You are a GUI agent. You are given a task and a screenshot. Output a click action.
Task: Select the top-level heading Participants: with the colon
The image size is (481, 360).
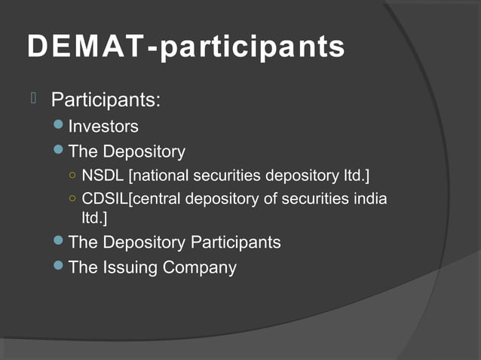click(106, 100)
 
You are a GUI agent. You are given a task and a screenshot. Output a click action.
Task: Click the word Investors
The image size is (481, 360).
click(103, 127)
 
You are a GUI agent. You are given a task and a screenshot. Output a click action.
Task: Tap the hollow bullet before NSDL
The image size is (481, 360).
click(72, 177)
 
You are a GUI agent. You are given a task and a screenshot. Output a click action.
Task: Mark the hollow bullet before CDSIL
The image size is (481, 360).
click(72, 200)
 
